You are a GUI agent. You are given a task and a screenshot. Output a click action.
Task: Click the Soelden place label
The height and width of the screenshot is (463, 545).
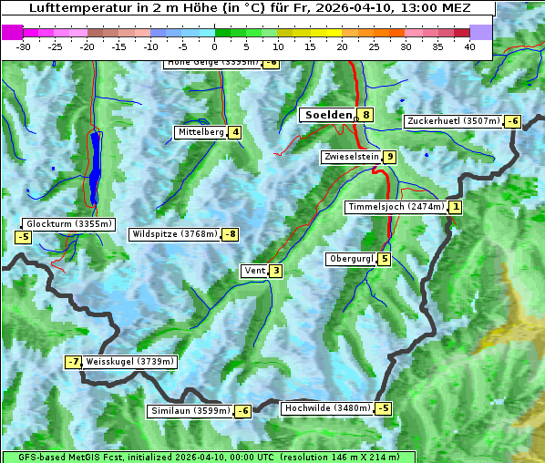pos(328,115)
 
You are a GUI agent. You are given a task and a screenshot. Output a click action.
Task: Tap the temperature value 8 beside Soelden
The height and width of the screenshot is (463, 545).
pos(365,115)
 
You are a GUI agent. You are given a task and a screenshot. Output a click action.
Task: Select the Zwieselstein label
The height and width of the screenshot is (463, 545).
pos(351,157)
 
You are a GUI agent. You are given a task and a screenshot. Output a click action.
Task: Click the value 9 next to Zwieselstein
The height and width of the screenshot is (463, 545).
pos(390,157)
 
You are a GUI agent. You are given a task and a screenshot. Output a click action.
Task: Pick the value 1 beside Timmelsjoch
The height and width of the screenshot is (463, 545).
pos(456,207)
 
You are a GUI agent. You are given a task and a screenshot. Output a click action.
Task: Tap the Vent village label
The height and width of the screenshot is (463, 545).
pos(254,270)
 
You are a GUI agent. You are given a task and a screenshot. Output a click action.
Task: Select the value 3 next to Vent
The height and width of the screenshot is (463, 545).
pos(275,270)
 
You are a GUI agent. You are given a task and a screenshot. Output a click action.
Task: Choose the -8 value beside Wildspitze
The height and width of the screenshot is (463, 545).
pos(231,234)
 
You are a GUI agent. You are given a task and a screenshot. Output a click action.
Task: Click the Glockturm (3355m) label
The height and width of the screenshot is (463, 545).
pos(68,223)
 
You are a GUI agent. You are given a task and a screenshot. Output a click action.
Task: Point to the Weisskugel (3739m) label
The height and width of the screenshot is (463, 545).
pos(129,362)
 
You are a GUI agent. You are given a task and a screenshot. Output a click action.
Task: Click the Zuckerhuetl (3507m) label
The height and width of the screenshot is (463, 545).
pos(454,121)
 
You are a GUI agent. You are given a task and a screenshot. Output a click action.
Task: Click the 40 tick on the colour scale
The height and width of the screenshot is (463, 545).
pos(469,46)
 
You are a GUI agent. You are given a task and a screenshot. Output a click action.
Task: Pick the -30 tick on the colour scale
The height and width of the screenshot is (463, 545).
pos(24,46)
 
